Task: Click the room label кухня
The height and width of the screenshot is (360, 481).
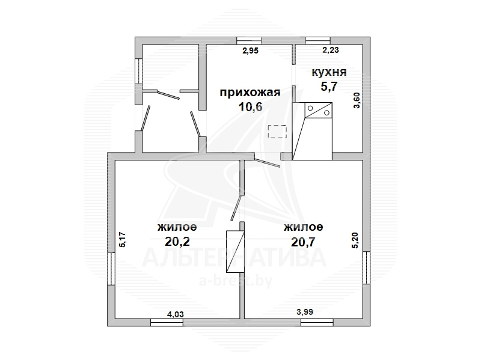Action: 329,73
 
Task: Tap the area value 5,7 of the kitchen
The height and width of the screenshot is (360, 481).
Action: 329,87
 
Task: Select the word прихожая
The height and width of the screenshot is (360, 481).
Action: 250,93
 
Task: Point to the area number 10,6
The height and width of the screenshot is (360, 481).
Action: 250,107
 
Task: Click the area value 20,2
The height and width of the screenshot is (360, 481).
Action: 177,242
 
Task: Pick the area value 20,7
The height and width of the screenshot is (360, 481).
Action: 303,242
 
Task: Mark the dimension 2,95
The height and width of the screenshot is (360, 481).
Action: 250,50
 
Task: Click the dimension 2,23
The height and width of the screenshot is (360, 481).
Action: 331,50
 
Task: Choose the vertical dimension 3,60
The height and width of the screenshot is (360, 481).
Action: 357,100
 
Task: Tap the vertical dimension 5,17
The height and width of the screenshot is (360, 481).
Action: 122,239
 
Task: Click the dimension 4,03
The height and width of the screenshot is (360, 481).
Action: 175,314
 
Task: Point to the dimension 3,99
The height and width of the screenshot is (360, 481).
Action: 305,312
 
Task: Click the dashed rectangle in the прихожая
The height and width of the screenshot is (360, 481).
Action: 277,132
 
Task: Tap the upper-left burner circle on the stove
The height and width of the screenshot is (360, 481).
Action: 310,108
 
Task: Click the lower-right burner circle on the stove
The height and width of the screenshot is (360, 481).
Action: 326,113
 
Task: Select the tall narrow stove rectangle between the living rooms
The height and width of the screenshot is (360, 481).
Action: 235,251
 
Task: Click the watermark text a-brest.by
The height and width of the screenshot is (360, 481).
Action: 236,281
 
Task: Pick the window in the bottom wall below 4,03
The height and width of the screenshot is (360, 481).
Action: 167,322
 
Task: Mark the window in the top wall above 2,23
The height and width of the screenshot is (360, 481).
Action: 318,41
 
